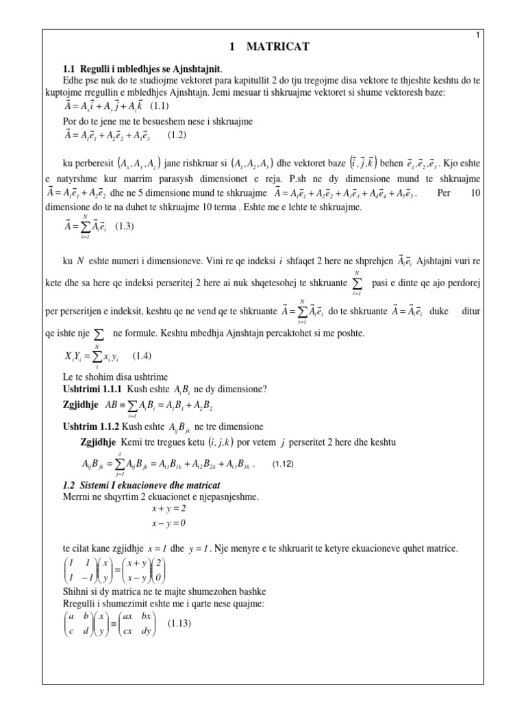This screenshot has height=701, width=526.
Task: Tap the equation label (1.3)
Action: click(127, 225)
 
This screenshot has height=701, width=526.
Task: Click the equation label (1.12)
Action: click(283, 464)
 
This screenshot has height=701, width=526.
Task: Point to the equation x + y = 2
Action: click(168, 509)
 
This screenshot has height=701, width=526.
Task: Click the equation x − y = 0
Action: click(168, 524)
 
